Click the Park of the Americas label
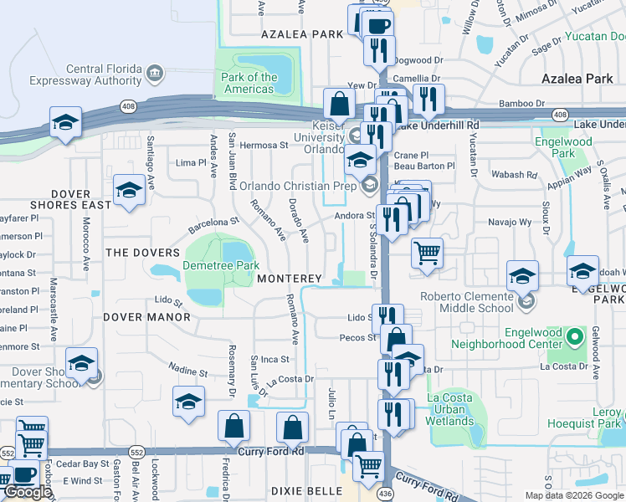click(249, 84)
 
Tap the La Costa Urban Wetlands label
click(450, 409)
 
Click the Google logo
click(28, 492)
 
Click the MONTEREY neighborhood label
click(290, 278)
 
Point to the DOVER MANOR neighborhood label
click(146, 317)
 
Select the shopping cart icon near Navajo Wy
click(427, 252)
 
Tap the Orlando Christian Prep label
click(298, 186)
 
